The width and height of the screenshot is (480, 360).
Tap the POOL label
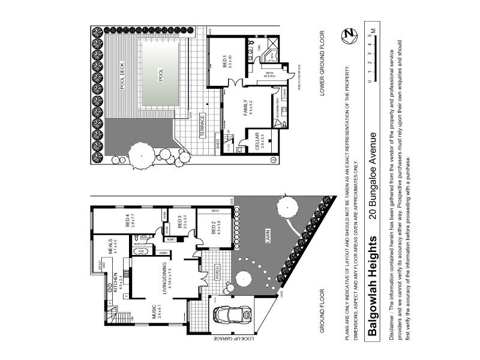coord(160,74)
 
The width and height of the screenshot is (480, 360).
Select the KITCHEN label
coord(110,280)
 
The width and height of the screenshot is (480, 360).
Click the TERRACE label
coord(203,127)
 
